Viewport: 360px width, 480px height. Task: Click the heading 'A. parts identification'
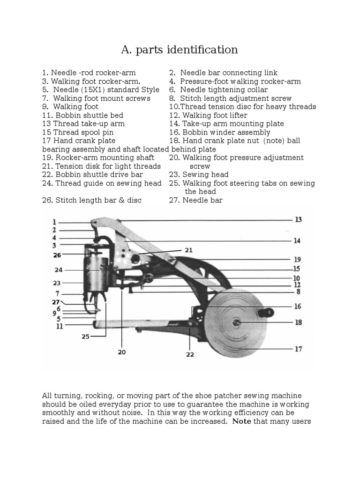point(180,50)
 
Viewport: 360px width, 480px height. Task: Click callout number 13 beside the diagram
point(298,219)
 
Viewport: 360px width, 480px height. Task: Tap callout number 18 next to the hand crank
point(298,322)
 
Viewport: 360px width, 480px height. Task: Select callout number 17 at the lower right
point(298,349)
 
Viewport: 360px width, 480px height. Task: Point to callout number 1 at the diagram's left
point(54,222)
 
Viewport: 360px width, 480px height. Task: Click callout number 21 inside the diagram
point(188,250)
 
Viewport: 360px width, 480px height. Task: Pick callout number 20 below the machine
point(122,352)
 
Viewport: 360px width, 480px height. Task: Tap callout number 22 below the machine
point(190,355)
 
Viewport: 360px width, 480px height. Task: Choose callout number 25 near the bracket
point(85,336)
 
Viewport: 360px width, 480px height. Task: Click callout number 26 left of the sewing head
point(57,255)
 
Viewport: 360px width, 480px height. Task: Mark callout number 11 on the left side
point(60,326)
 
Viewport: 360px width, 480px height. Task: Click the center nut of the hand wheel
point(238,322)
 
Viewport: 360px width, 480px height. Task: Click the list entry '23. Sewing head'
point(199,175)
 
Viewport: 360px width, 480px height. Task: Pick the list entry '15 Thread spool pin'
point(71,132)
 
